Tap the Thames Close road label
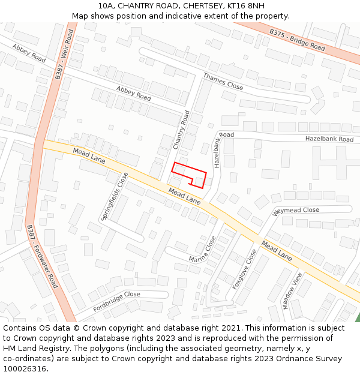pos(223,82)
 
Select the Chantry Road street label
pos(181,130)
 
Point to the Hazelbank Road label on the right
pos(329,139)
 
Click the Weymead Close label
pos(296,211)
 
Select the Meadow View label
pos(292,290)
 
